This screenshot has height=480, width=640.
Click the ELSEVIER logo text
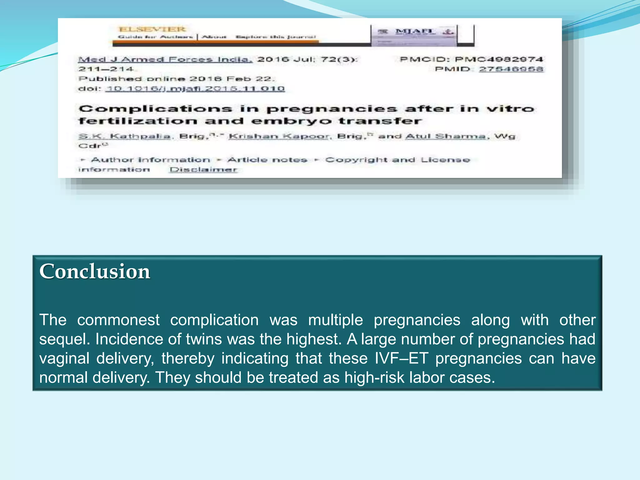pos(152,29)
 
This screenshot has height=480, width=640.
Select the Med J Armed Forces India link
pos(165,59)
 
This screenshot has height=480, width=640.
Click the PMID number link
pos(511,69)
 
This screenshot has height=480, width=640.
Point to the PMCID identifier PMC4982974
pos(499,59)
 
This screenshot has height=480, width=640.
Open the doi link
pos(195,89)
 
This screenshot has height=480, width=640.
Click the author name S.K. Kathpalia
pos(125,136)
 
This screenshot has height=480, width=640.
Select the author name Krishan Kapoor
pos(279,136)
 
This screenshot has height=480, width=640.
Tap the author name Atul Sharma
pos(445,136)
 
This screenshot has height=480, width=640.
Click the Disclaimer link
pos(203,170)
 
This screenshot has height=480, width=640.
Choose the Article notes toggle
pos(267,160)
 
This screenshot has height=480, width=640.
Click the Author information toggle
pos(150,160)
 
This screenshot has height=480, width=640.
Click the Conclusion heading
pos(95,271)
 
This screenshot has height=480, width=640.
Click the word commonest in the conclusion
pos(118,320)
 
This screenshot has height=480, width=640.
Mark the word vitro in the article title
pos(510,109)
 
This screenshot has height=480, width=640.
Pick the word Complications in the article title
pos(155,109)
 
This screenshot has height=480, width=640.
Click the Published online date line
pos(176,79)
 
